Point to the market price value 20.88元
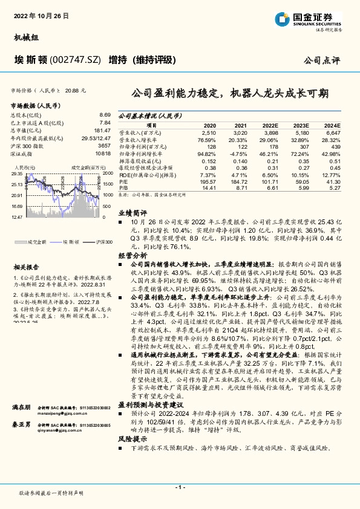click(x=76, y=89)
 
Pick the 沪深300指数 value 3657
click(x=104, y=146)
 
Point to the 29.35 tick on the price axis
click(x=16, y=174)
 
